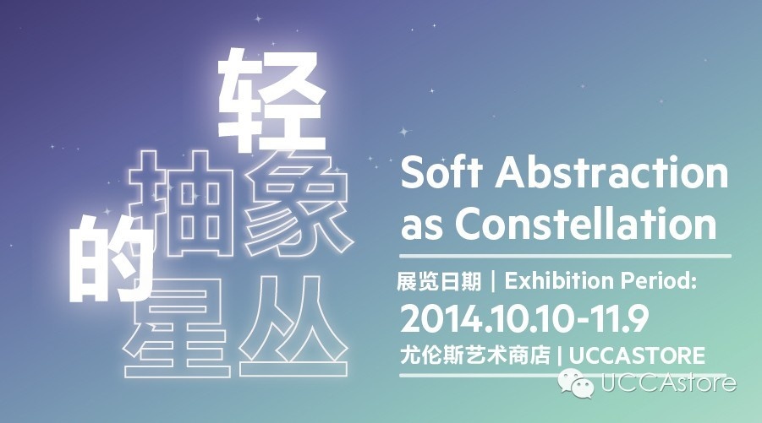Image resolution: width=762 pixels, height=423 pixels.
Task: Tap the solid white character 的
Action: click(111, 258)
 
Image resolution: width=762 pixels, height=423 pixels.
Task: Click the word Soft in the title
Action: click(441, 172)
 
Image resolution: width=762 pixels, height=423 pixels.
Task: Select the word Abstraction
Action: click(611, 172)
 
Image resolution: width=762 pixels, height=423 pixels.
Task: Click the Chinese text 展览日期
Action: click(439, 281)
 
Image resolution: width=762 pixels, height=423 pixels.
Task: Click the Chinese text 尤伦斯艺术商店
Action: click(475, 355)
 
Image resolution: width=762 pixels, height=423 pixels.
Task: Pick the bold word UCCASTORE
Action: click(637, 355)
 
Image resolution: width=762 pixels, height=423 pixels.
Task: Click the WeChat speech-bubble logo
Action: click(577, 382)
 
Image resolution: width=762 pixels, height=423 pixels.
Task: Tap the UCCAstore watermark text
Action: click(669, 382)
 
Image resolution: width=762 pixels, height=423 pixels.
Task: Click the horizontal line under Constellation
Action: click(565, 256)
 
